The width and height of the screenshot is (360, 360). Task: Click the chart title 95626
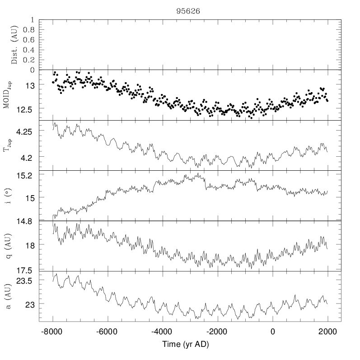pyautogui.click(x=184, y=11)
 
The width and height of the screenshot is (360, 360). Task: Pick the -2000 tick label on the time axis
pyautogui.click(x=217, y=332)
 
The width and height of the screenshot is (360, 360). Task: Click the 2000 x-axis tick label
pyautogui.click(x=327, y=332)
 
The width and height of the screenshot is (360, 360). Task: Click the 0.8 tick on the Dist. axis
pyautogui.click(x=28, y=30)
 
